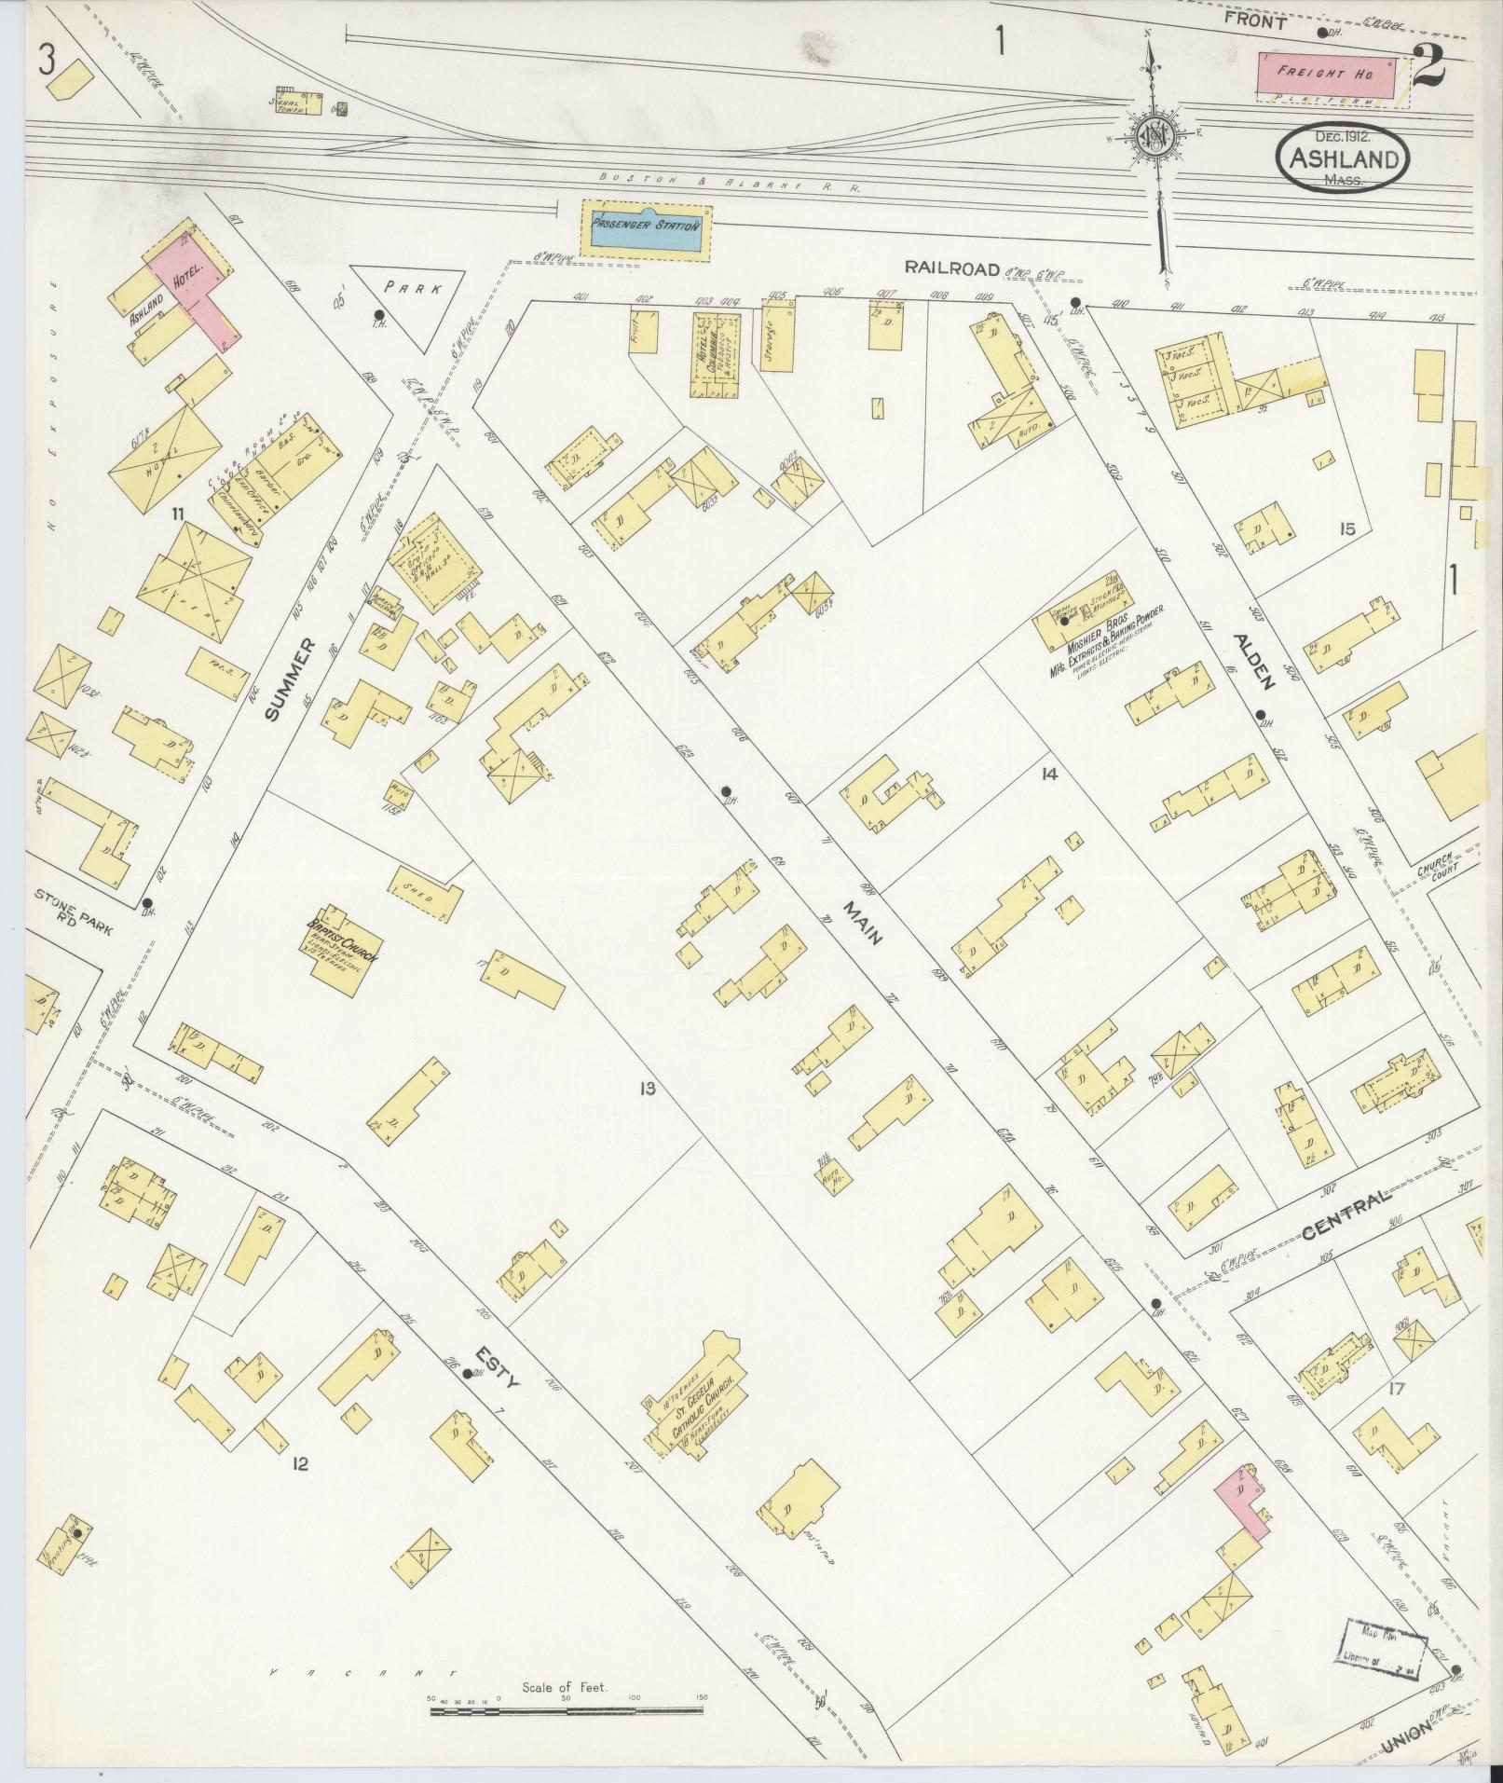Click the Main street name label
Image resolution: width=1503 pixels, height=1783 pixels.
(863, 924)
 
